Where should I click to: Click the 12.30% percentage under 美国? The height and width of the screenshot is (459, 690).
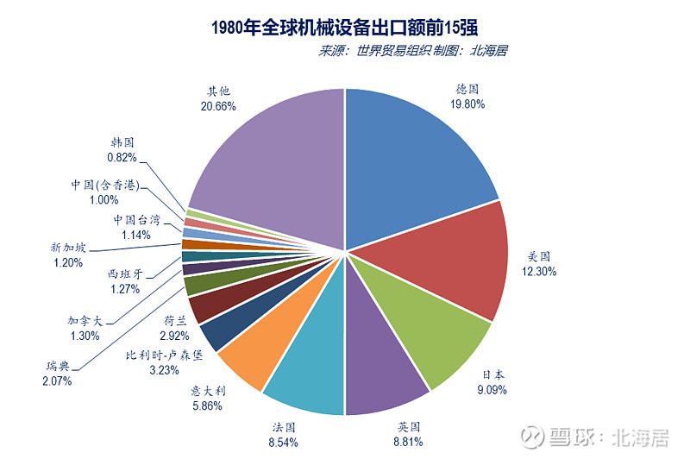pyautogui.click(x=539, y=271)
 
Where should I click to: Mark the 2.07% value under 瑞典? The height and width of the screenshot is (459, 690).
pyautogui.click(x=57, y=380)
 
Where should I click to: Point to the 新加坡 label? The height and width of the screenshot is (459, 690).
pyautogui.click(x=68, y=248)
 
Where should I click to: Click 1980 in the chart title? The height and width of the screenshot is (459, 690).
pyautogui.click(x=229, y=26)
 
